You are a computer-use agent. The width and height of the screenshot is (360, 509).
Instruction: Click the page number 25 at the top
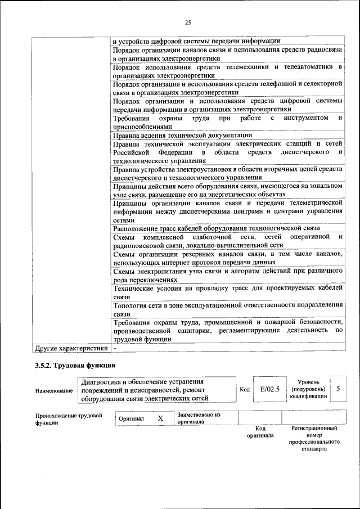pyautogui.click(x=188, y=22)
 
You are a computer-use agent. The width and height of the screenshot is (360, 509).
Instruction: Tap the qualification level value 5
pyautogui.click(x=337, y=389)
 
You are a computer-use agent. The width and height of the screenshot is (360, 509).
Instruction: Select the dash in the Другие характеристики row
pyautogui.click(x=114, y=349)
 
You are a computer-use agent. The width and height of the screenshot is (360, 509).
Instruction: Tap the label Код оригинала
pyautogui.click(x=259, y=432)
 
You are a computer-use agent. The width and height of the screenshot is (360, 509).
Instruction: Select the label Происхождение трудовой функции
pyautogui.click(x=67, y=419)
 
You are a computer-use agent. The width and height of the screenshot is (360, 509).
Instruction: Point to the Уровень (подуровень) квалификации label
pyautogui.click(x=307, y=389)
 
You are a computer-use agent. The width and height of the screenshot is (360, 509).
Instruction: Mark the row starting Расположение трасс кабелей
pyautogui.click(x=217, y=228)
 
